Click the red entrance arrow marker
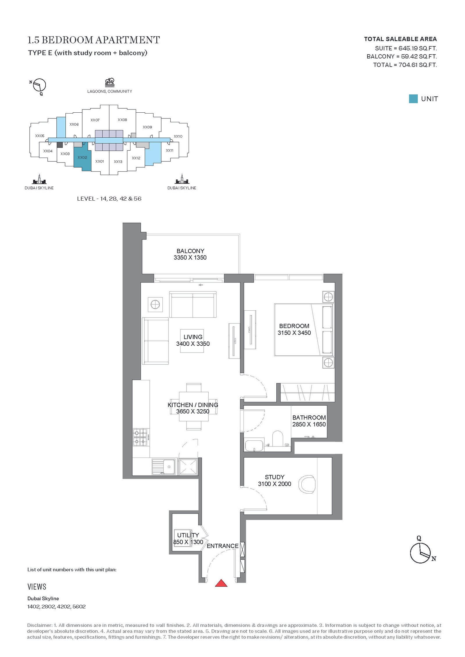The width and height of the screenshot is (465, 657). click(x=221, y=583)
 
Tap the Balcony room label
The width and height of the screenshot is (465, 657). click(x=190, y=251)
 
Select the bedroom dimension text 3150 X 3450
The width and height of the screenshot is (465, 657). click(x=294, y=333)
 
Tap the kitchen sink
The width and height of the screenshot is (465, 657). click(x=163, y=467)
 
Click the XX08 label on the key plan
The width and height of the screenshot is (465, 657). click(x=122, y=120)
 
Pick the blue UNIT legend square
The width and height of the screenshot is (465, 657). click(x=413, y=99)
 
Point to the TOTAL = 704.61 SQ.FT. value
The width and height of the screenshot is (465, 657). click(x=405, y=65)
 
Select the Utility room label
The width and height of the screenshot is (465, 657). click(x=188, y=535)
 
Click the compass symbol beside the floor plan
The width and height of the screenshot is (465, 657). click(x=421, y=553)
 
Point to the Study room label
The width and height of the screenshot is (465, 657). click(x=275, y=477)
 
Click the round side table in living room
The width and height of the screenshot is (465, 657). click(x=155, y=305)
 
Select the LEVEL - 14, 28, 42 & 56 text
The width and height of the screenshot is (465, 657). click(x=109, y=199)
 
